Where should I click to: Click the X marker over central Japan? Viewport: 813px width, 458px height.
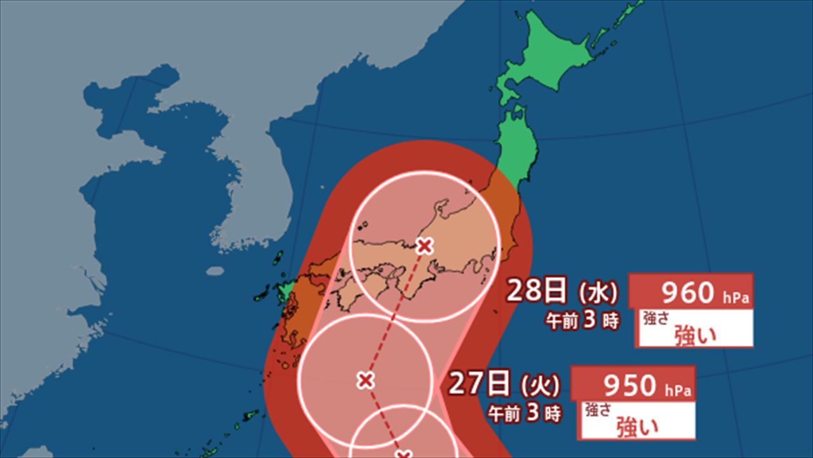pos(424,245)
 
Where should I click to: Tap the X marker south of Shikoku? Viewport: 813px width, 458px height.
pos(365,381)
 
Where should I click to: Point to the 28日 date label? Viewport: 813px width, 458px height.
pos(537,292)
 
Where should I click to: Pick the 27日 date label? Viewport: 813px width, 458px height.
pos(480,383)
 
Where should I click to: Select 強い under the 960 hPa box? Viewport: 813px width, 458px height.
pos(695,334)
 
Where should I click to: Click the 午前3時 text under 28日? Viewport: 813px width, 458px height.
pos(583,321)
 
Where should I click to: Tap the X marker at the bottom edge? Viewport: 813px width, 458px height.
pos(402,454)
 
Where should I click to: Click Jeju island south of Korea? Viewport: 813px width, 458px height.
pos(215,271)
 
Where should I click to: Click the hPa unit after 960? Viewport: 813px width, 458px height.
pos(735,296)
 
